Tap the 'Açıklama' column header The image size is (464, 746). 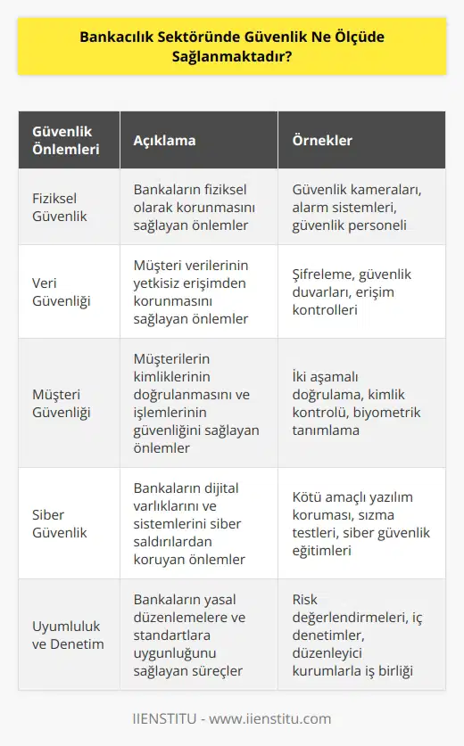click(164, 141)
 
